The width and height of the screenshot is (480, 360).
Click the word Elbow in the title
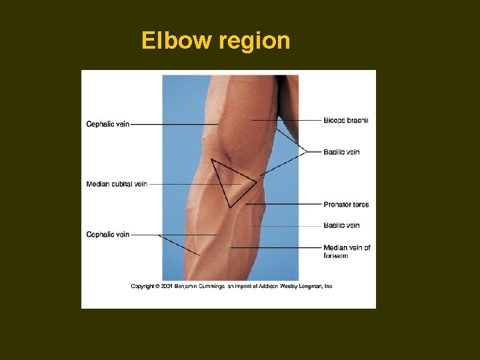point(176,41)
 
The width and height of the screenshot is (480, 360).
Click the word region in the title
point(253,42)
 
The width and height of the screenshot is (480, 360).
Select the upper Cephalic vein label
point(107,124)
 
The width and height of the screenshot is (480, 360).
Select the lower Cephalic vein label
point(107,235)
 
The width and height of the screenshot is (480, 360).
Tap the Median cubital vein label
point(117,184)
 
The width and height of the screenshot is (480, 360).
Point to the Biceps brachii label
point(346,120)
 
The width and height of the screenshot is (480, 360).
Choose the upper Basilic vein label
point(341,152)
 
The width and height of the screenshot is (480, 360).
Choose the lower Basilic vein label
point(341,225)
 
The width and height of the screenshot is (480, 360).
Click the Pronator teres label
point(346,205)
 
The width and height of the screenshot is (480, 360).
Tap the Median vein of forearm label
point(347,248)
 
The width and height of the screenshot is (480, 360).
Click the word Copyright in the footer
point(143,286)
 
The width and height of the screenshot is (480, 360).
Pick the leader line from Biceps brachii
point(287,120)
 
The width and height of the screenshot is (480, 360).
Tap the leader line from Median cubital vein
point(193,184)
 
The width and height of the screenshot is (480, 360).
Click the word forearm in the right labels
point(336,256)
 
